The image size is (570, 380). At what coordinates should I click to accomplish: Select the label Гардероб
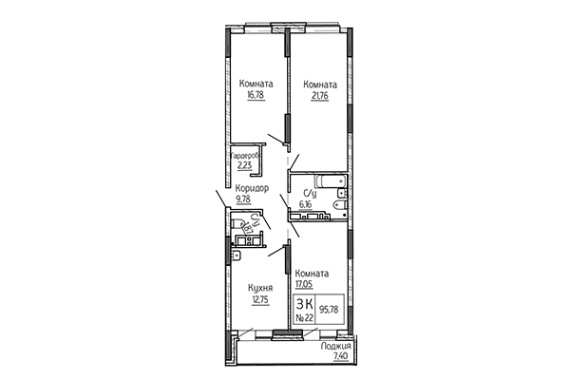[245, 154]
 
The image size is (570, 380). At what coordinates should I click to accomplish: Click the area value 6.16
[306, 202]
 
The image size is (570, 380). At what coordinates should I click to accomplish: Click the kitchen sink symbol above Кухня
[236, 254]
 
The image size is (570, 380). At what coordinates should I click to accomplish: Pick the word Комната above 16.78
[256, 84]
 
